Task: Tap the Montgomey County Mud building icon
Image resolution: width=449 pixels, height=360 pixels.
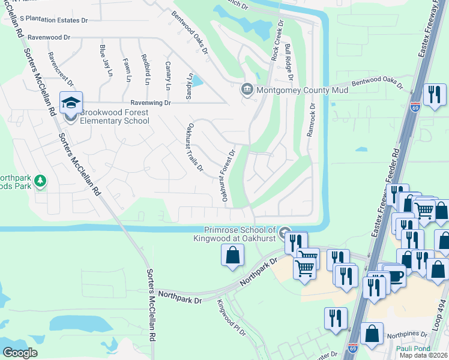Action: pos(247,91)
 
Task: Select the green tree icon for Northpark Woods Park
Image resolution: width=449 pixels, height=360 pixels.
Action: pos(40,181)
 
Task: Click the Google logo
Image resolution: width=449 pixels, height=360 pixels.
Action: pos(20,353)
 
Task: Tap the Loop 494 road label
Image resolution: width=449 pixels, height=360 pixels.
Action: pos(441,326)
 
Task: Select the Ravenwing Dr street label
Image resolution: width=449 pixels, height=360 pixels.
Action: pos(150,103)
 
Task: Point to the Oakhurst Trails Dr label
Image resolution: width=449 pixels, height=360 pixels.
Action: pos(195,147)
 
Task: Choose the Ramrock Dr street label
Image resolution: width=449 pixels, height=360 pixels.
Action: pos(311,119)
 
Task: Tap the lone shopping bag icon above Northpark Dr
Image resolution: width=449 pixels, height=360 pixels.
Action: pos(233,255)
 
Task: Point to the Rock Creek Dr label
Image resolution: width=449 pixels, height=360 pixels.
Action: pos(277,40)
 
